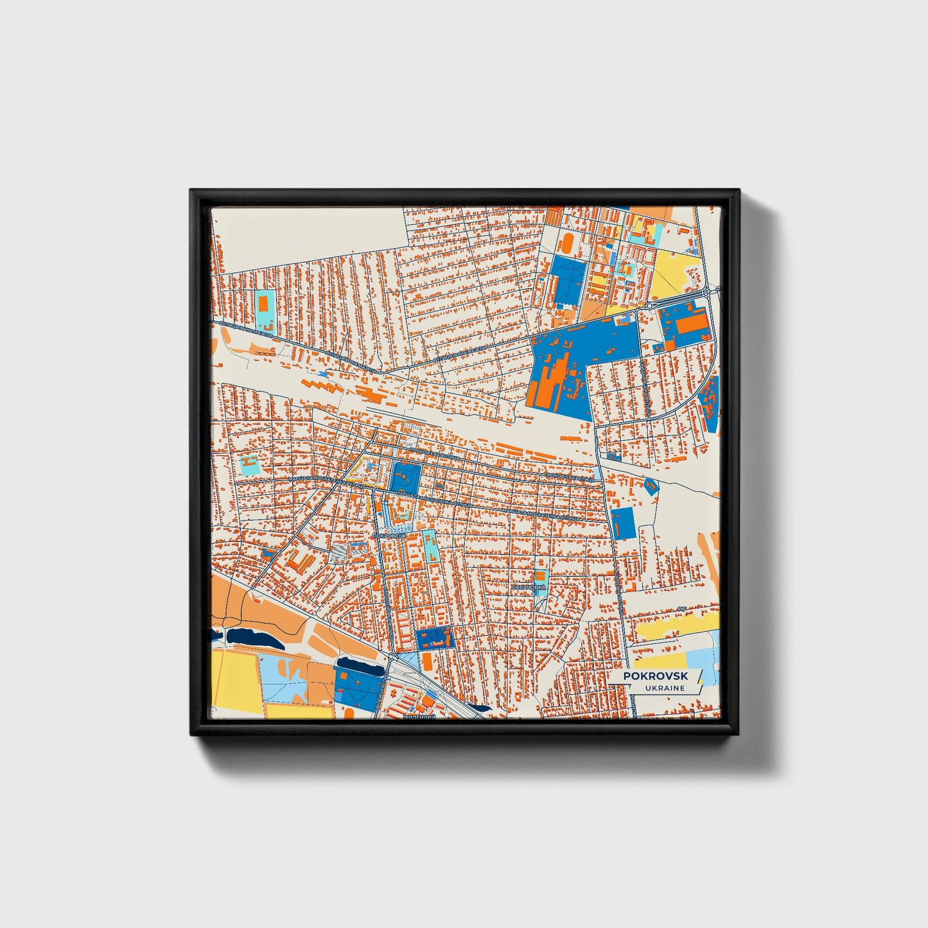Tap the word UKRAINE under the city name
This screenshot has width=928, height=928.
(666, 688)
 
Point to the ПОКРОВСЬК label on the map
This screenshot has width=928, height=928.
(390, 535)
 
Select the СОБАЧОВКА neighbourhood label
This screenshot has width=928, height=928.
(529, 587)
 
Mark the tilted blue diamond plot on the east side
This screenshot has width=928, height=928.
(651, 486)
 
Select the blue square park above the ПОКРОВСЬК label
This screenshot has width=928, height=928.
(405, 478)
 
